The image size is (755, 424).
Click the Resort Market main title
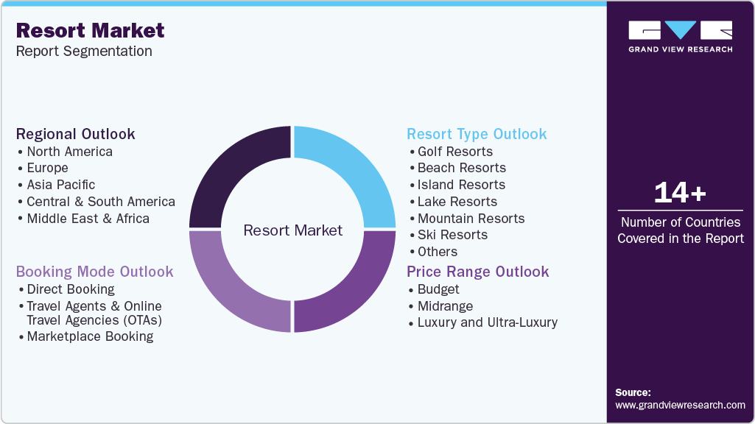coord(90,31)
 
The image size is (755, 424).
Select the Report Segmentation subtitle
coord(84,51)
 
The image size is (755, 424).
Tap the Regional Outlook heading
coord(75,134)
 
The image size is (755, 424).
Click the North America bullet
coord(69,152)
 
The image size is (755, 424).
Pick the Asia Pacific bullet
coord(60,185)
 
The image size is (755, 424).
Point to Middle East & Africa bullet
coord(88,219)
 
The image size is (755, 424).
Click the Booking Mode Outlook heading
coord(94,272)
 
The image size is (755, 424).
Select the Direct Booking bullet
coord(71,289)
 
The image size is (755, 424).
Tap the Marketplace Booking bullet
coord(90,336)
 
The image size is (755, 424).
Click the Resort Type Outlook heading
coord(477,134)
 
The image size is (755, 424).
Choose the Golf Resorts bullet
coord(454,152)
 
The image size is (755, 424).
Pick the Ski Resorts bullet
coord(452,235)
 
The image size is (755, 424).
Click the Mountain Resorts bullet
coord(471,219)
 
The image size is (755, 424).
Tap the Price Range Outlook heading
coord(477,272)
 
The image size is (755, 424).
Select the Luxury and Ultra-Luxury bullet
coord(487,322)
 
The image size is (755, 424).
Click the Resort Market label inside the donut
coord(292,230)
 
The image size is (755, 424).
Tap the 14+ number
coord(680,193)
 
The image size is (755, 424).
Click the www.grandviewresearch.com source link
coord(680,405)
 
